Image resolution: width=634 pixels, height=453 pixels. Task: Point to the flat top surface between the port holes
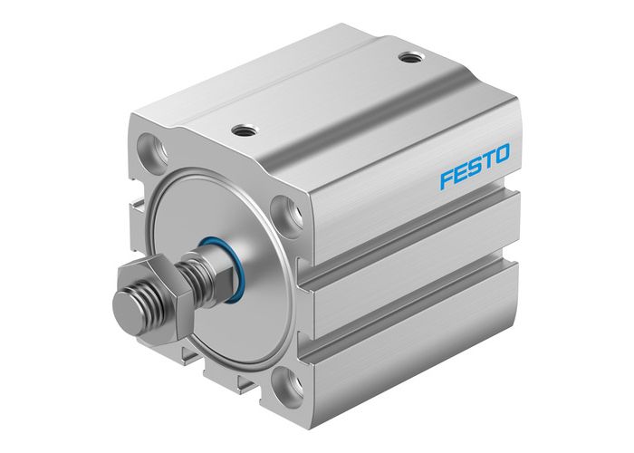326,95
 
